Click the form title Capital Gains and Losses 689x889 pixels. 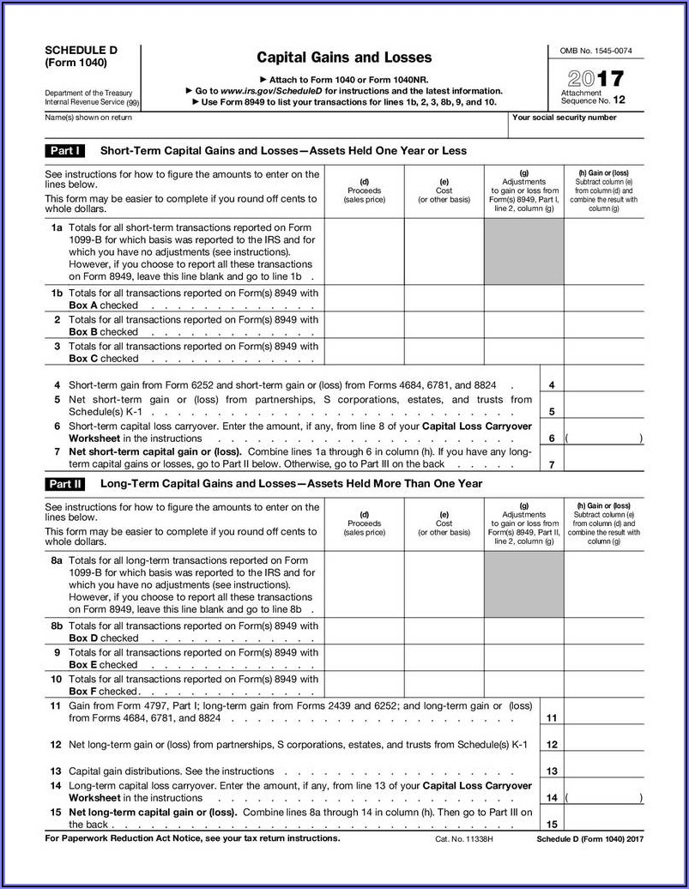coord(344,57)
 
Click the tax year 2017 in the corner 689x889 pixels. coord(594,79)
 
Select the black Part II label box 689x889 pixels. coord(65,484)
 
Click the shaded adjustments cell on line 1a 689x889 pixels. coord(523,252)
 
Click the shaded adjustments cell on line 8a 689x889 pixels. coord(523,584)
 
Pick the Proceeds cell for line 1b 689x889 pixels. coord(364,299)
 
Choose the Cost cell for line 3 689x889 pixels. coord(444,353)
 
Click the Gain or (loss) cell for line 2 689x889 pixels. coord(604,325)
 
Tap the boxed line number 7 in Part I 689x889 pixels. coord(552,464)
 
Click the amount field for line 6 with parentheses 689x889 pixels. coord(604,438)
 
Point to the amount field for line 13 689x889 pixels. coord(604,771)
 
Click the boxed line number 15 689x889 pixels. coord(552,824)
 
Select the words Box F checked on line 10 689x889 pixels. coord(103,692)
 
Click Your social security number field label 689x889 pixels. coord(564,118)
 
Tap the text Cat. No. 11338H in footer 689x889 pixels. coord(465,838)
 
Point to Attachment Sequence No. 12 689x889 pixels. coord(593,97)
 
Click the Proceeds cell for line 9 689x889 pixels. coord(364,658)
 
